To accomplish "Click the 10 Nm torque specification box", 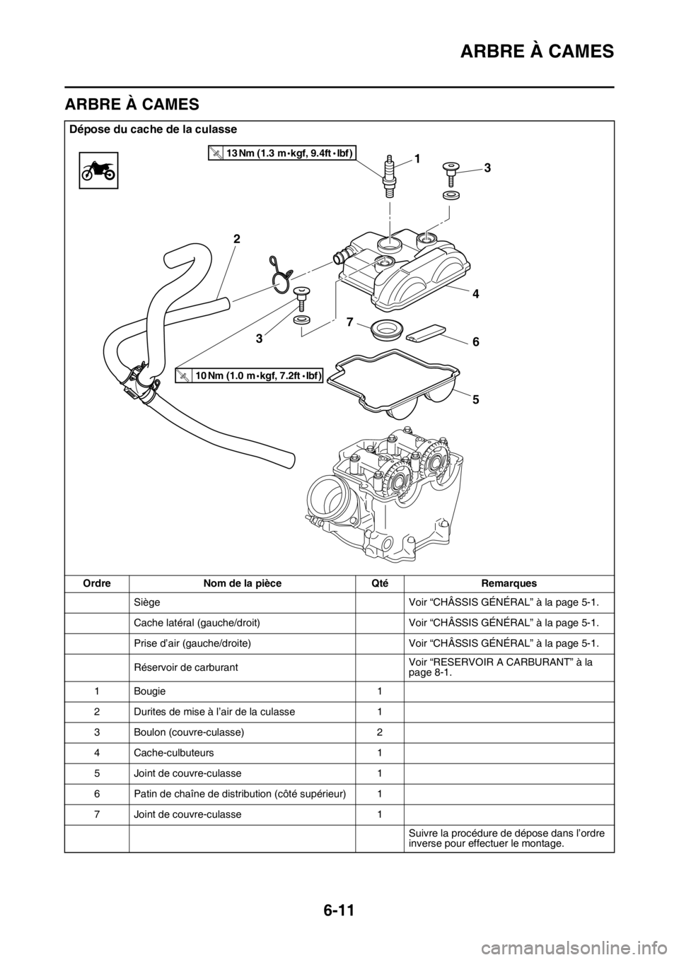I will [250, 376].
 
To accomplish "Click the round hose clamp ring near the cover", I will [282, 275].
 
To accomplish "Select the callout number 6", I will [476, 341].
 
